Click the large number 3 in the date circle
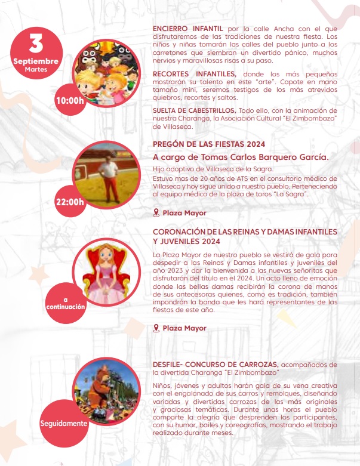tap(36, 44)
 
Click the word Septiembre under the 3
tap(36, 61)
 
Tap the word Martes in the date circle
tap(36, 70)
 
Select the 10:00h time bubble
tap(69, 100)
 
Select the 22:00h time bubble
tap(69, 201)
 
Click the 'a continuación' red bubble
tap(66, 303)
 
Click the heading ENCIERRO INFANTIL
tap(187, 28)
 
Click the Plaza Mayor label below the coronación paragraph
tap(184, 328)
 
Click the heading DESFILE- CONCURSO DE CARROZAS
tap(216, 364)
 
